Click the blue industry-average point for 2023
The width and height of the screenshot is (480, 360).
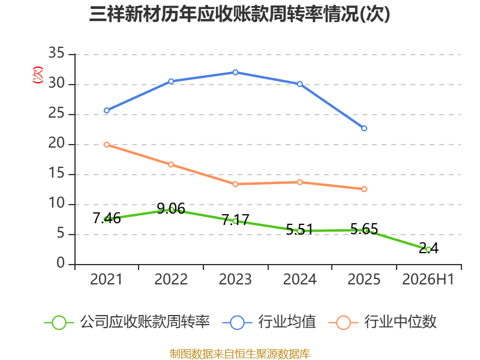coord(235,73)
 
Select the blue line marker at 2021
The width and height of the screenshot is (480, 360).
coord(107,110)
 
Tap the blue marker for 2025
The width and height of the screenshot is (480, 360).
coord(364,128)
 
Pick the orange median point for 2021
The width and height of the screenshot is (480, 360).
coord(107,145)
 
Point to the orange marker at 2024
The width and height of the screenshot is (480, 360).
coord(299,182)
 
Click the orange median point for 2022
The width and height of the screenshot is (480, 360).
coord(171,164)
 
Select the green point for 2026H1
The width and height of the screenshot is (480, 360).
coord(428,250)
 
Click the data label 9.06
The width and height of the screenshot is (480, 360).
coord(171,209)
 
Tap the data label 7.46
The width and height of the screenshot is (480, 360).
coord(107,218)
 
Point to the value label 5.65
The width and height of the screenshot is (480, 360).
coord(364,229)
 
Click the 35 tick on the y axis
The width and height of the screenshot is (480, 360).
coord(56,53)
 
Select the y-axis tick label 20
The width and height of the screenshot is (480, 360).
coord(56,143)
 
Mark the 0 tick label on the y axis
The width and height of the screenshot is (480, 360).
coord(61,263)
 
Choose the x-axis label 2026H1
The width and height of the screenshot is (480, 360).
coord(428,280)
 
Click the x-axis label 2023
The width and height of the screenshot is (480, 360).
coord(235,280)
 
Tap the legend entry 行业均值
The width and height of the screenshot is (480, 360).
coord(269,322)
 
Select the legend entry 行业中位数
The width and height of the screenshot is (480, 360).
coord(382,322)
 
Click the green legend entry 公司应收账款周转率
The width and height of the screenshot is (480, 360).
coord(127,322)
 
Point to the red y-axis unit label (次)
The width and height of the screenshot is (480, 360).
coord(38,75)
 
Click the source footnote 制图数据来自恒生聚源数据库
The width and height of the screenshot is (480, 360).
coord(240,354)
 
